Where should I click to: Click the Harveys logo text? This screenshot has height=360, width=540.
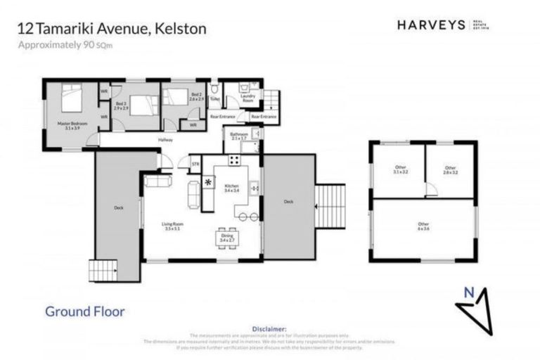[430, 25]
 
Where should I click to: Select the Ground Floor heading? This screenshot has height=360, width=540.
[85, 311]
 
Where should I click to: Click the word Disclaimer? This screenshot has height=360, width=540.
[269, 328]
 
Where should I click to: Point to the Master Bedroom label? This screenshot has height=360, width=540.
[71, 125]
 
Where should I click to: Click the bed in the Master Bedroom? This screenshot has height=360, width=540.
[73, 100]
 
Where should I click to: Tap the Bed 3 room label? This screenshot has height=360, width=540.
[122, 106]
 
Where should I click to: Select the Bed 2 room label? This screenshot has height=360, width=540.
[196, 96]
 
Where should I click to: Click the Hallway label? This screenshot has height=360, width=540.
[165, 139]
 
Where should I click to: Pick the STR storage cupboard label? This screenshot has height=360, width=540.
[195, 165]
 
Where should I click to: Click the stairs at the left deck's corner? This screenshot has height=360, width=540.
[101, 270]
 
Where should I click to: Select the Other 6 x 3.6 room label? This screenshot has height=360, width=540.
[423, 226]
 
